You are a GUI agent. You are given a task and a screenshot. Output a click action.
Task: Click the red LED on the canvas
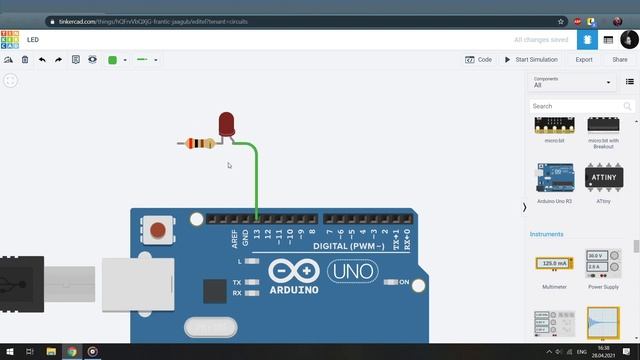pos(227,124)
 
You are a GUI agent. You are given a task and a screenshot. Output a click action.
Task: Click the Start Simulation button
pos(531,60)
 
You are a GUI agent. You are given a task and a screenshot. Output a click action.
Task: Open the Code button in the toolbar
pos(479,60)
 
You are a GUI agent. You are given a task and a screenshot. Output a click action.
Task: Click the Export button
pos(584,60)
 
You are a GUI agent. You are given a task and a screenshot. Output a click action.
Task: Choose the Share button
pos(619,60)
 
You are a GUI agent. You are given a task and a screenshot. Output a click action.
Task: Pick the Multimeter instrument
pos(554,269)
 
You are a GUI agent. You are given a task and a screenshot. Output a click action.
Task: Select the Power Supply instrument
pos(602,269)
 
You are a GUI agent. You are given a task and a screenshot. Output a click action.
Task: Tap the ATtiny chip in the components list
pos(603,181)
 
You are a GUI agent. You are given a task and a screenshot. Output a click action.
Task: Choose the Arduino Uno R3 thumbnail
pos(554,181)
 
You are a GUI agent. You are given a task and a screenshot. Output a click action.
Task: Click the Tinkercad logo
pos(10,40)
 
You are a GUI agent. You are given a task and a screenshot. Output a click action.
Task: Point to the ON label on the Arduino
pos(404,283)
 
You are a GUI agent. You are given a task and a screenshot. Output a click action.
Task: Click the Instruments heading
pos(547,234)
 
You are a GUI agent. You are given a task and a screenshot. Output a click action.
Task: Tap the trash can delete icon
pos(25,60)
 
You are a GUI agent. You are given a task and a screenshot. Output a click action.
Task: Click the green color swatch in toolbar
pos(112,60)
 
